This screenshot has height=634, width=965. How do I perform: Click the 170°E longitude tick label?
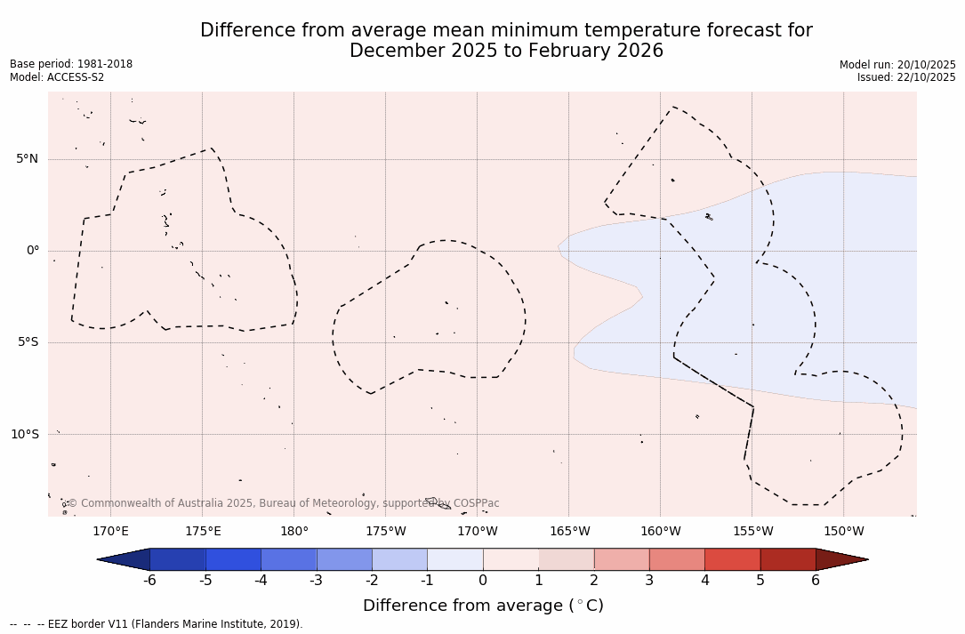pyautogui.click(x=110, y=532)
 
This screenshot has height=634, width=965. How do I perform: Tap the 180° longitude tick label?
pyautogui.click(x=294, y=532)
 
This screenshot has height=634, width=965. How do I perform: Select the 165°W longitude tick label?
pyautogui.click(x=569, y=532)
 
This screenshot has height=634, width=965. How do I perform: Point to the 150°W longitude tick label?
pyautogui.click(x=843, y=532)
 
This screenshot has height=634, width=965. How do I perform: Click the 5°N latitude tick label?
pyautogui.click(x=27, y=159)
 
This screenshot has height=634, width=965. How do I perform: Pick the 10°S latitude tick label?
pyautogui.click(x=24, y=434)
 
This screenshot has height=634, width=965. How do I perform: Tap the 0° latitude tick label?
pyautogui.click(x=33, y=251)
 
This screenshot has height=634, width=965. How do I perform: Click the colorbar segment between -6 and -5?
pyautogui.click(x=178, y=559)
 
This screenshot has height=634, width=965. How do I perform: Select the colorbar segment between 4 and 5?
pyautogui.click(x=732, y=559)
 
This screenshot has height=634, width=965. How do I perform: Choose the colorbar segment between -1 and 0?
pyautogui.click(x=455, y=559)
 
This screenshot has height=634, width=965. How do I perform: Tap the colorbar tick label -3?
pyautogui.click(x=316, y=581)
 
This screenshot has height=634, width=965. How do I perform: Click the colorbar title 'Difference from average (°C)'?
pyautogui.click(x=483, y=606)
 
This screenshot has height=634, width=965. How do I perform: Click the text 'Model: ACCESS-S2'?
pyautogui.click(x=57, y=77)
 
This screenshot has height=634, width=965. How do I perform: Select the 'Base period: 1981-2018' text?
pyautogui.click(x=71, y=64)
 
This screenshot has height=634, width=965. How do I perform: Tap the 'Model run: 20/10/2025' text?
pyautogui.click(x=897, y=65)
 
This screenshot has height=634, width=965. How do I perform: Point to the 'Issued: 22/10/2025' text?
pyautogui.click(x=906, y=77)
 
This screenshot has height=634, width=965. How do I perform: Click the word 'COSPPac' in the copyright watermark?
pyautogui.click(x=477, y=503)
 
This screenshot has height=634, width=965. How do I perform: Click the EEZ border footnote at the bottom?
pyautogui.click(x=157, y=624)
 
